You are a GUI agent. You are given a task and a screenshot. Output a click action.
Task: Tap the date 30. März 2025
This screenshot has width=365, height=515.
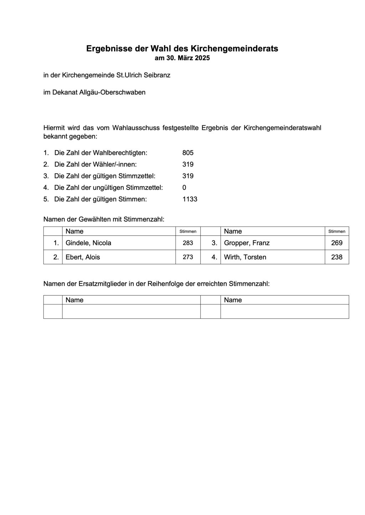point(187,58)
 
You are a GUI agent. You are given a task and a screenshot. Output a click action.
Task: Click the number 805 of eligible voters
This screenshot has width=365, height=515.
point(188,153)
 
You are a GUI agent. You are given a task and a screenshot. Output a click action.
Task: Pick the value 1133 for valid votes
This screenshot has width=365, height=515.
point(190,199)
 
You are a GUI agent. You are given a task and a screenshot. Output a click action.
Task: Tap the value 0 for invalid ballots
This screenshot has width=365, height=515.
point(184,187)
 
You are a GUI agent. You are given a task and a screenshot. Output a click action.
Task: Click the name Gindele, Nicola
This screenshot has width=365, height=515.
point(88,243)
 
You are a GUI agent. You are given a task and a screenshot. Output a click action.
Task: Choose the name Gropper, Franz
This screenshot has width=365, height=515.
point(247,243)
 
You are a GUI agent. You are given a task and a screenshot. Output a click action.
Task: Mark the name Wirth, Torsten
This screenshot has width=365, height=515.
point(245,257)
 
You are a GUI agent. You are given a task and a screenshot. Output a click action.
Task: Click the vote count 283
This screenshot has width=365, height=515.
point(188,243)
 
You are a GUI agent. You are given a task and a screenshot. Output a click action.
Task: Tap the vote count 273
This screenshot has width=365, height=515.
point(188,257)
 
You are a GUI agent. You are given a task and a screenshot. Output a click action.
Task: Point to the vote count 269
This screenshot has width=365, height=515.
point(336,243)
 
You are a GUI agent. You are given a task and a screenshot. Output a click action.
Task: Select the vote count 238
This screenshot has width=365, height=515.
point(336,257)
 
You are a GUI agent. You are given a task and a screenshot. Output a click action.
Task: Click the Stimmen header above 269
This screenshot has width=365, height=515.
point(336,232)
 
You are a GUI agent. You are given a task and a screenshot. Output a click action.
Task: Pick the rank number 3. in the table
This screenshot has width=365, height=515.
point(214,243)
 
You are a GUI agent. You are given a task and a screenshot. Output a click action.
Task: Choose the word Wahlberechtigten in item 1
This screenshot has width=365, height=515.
point(120,153)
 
